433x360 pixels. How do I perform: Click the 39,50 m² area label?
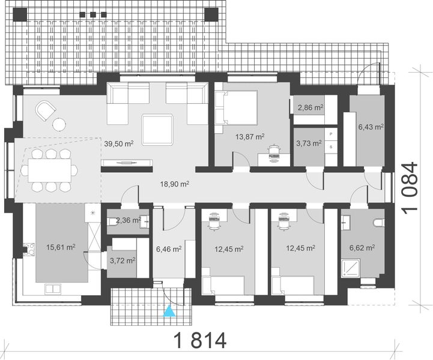tap(118, 143)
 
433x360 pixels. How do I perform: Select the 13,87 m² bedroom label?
tap(250, 137)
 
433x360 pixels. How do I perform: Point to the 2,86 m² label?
tap(310, 107)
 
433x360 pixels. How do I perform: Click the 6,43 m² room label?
tap(371, 127)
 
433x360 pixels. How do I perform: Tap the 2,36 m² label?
tap(127, 220)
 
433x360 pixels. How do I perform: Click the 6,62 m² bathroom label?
tap(362, 247)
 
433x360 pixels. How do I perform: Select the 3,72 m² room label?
tap(122, 260)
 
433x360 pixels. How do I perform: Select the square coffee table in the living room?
tap(158, 128)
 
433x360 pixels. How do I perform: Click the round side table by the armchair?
tap(58, 124)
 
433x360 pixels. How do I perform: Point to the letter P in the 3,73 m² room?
tap(331, 134)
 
